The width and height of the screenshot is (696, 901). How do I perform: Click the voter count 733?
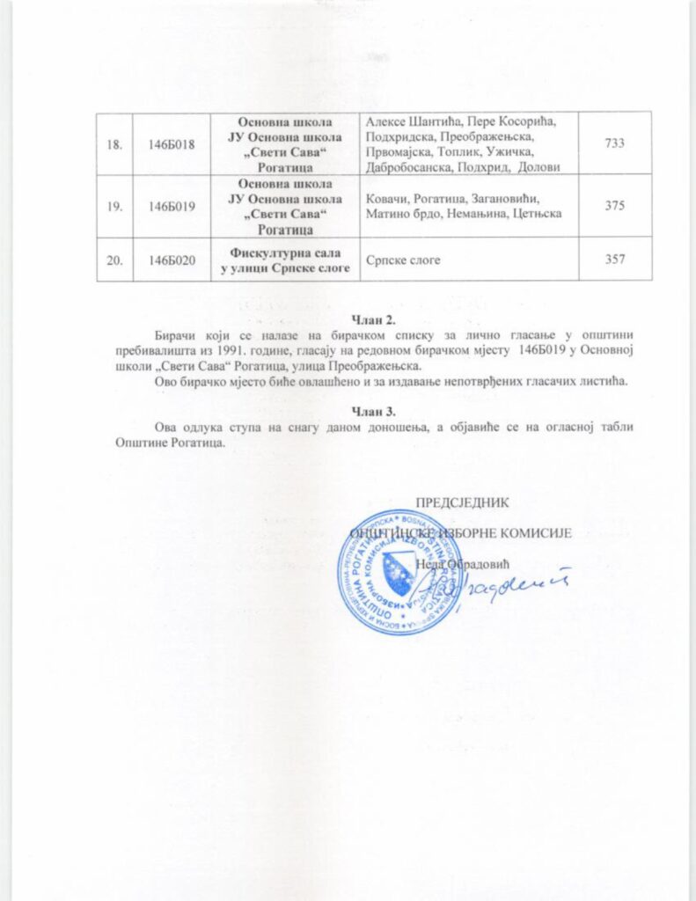pyautogui.click(x=614, y=143)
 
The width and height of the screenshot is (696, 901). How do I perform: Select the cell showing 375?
pyautogui.click(x=614, y=206)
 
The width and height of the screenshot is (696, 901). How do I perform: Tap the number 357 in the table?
pyautogui.click(x=614, y=259)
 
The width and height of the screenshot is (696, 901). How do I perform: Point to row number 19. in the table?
pyautogui.click(x=114, y=206)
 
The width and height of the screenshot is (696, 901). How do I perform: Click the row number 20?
pyautogui.click(x=114, y=259)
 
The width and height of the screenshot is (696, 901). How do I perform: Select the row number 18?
pyautogui.click(x=114, y=143)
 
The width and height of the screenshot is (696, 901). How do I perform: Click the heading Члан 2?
pyautogui.click(x=374, y=318)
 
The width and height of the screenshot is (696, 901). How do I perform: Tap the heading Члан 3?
pyautogui.click(x=374, y=411)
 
